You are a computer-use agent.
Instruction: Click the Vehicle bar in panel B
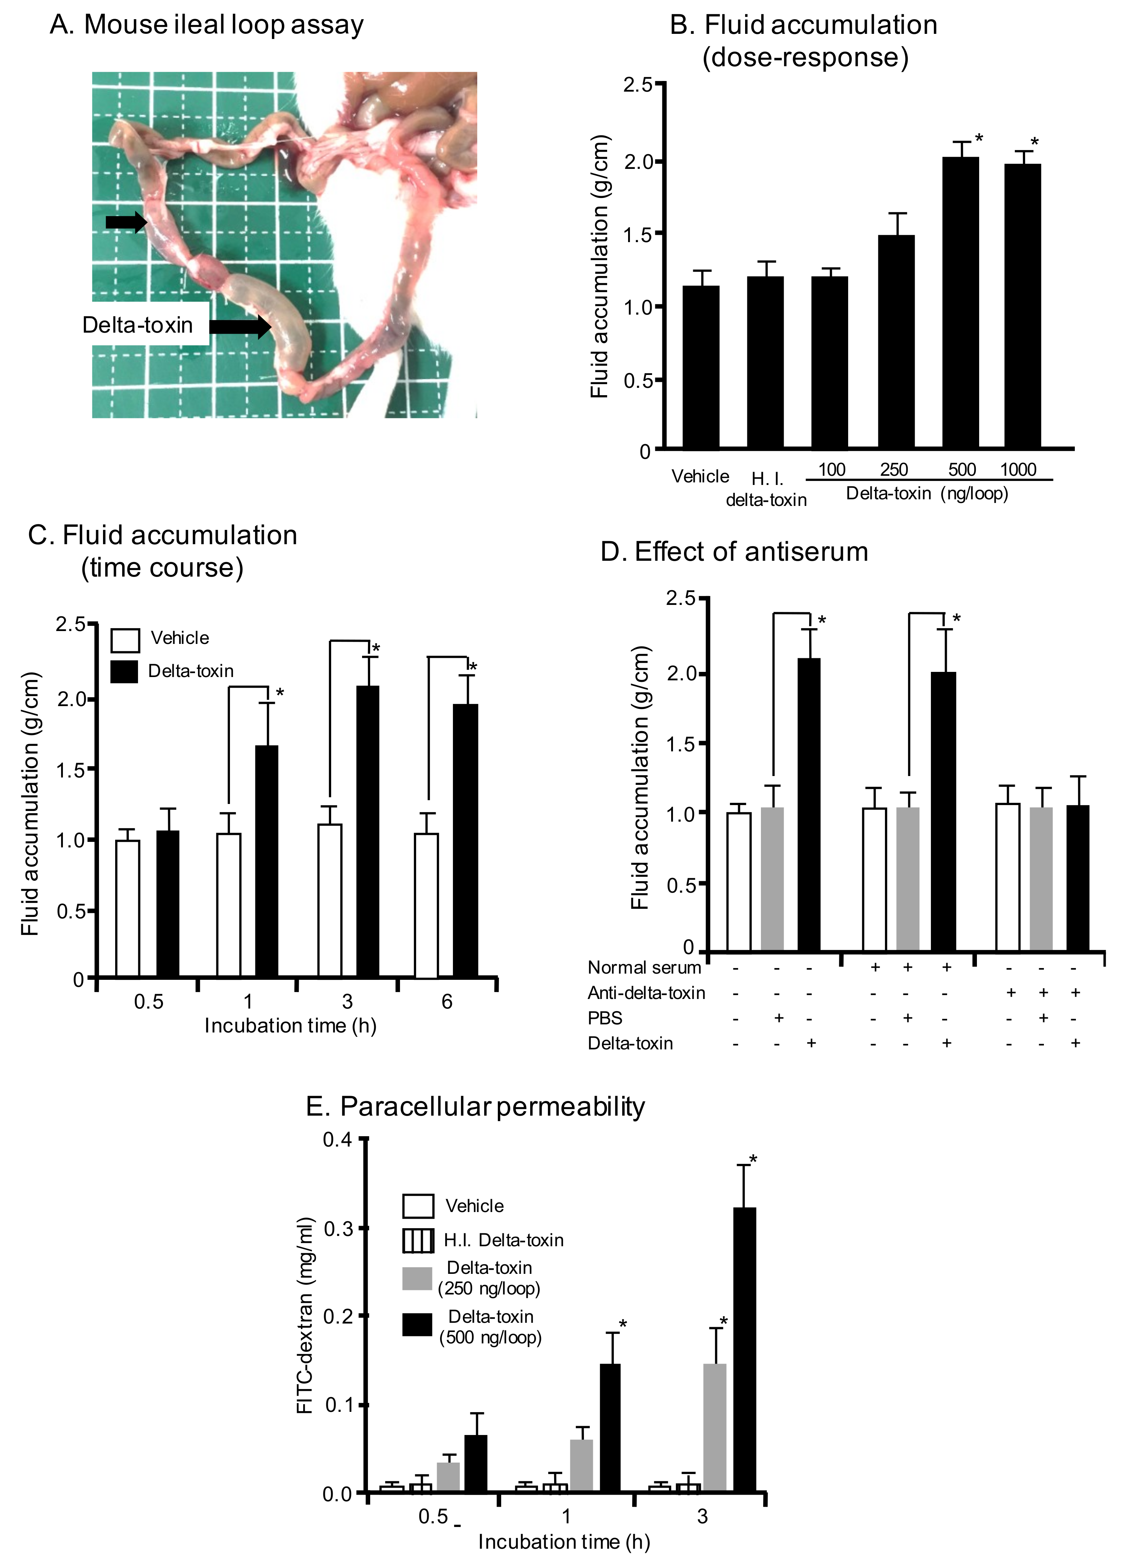(700, 366)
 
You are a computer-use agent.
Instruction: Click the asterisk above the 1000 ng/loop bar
(1034, 143)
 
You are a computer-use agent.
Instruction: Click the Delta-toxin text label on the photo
(138, 325)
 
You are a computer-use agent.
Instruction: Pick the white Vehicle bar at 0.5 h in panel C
(128, 908)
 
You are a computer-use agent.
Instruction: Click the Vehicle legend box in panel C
(125, 639)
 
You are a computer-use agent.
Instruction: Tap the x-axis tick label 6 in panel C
(447, 1001)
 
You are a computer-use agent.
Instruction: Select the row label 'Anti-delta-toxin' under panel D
(646, 993)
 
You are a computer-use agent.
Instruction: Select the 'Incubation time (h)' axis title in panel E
(564, 1541)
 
